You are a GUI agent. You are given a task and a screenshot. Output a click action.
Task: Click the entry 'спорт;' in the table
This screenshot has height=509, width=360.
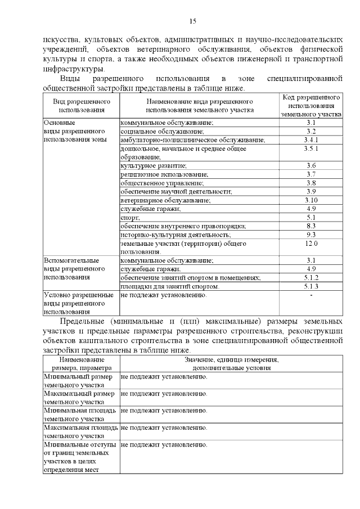(130, 217)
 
